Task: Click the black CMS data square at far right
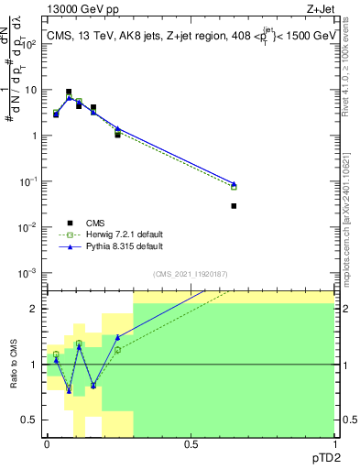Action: pos(234,206)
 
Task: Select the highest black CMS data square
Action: pos(69,92)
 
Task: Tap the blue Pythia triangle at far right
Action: pos(234,184)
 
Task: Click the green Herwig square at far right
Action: pos(234,187)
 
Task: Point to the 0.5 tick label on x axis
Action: pos(191,444)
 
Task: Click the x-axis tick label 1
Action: pos(334,444)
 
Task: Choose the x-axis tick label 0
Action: pos(47,444)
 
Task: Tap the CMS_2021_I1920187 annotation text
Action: pos(191,274)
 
